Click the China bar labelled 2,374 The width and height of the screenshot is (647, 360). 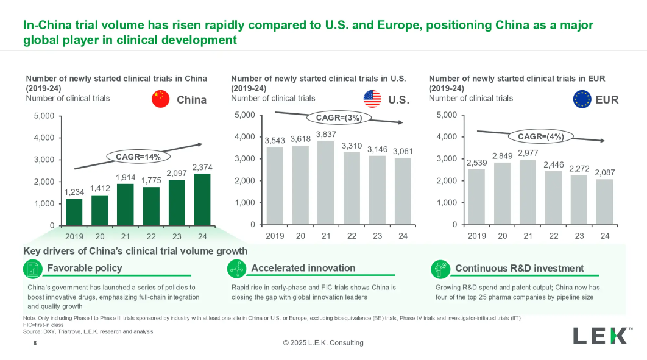point(202,199)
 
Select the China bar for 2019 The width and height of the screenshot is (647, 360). point(74,211)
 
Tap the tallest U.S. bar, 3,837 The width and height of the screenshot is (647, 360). point(326,183)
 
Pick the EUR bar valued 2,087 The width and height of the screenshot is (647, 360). point(605,202)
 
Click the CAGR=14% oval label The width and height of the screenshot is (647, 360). point(138,157)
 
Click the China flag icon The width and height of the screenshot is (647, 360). point(160,99)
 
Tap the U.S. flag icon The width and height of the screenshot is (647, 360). point(372,99)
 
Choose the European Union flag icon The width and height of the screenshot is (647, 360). point(582,99)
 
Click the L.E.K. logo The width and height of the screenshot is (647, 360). point(599,336)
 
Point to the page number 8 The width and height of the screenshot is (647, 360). point(35,343)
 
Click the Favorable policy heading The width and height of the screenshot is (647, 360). point(85,268)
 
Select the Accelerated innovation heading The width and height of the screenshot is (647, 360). point(303,268)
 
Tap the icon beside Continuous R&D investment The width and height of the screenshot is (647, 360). point(440,269)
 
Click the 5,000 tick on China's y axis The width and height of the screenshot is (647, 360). point(44,116)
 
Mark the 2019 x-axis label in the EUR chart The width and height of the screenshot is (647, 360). point(477,236)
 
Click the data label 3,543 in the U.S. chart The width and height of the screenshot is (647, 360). point(275,140)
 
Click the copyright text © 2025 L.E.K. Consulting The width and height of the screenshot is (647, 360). point(323,343)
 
